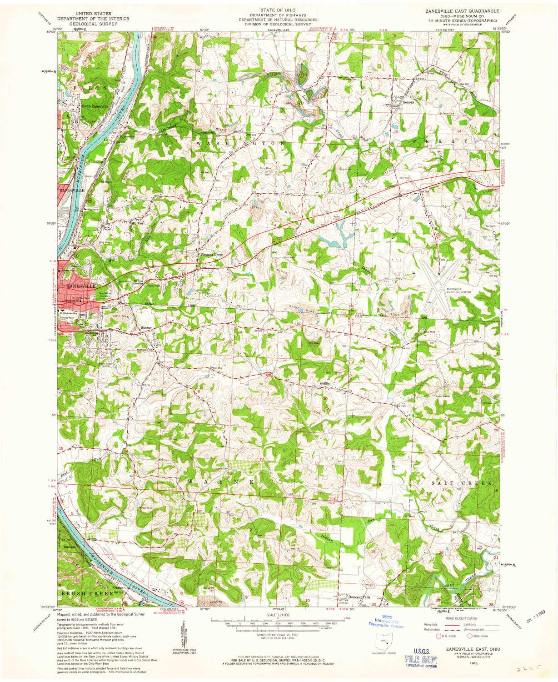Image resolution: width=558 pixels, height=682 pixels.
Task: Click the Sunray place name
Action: [x=145, y=327]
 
